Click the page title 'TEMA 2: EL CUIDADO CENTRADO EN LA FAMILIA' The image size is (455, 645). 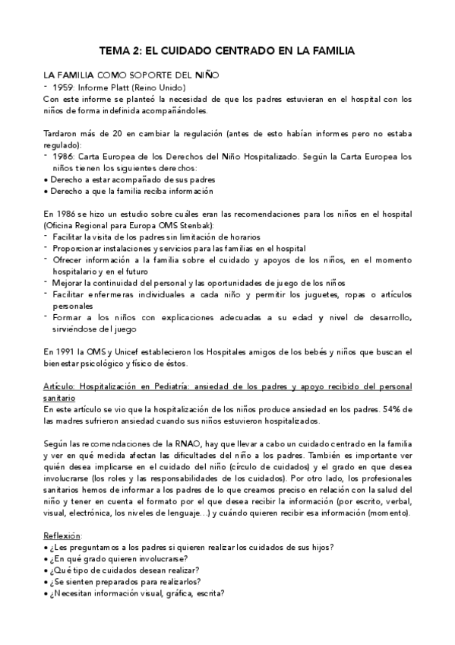pyautogui.click(x=228, y=51)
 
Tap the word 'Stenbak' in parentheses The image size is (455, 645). pyautogui.click(x=194, y=226)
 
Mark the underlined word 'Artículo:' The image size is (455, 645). pyautogui.click(x=62, y=386)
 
